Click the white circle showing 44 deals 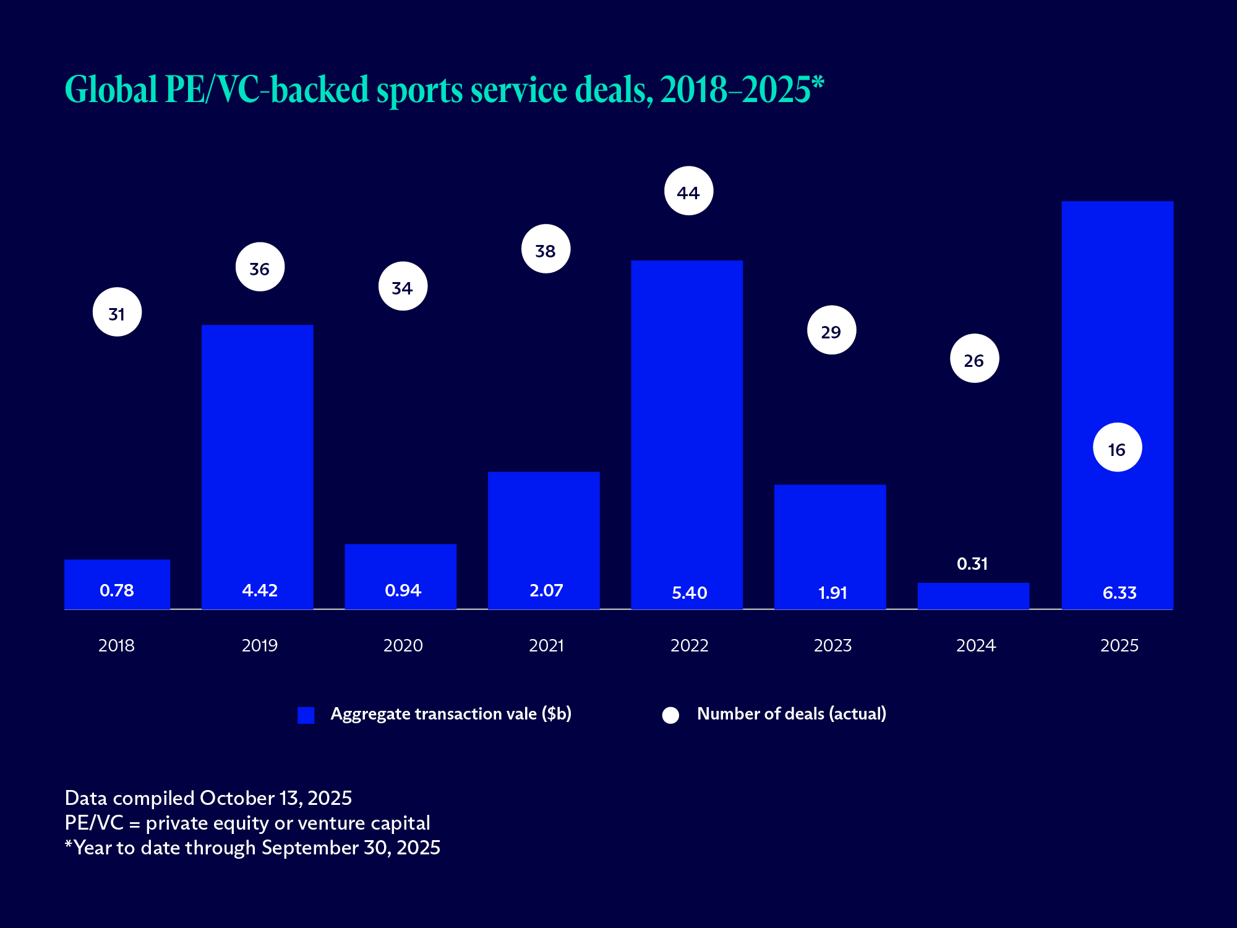tap(688, 191)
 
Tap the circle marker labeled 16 tap(1117, 447)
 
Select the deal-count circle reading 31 tap(117, 312)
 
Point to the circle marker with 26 tap(974, 359)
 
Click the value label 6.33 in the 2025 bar tap(1119, 593)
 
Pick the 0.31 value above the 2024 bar tap(972, 564)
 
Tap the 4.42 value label tap(260, 590)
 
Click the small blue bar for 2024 tap(973, 596)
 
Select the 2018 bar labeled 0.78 tap(117, 584)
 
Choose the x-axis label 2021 tap(546, 645)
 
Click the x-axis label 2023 tap(833, 645)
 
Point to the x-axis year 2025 tap(1119, 645)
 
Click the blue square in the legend tap(306, 715)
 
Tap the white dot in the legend tap(670, 715)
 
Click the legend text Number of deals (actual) tap(791, 714)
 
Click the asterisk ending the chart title tap(818, 82)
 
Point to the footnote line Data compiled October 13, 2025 tap(208, 798)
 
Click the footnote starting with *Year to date tap(252, 848)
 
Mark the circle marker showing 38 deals tap(546, 249)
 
